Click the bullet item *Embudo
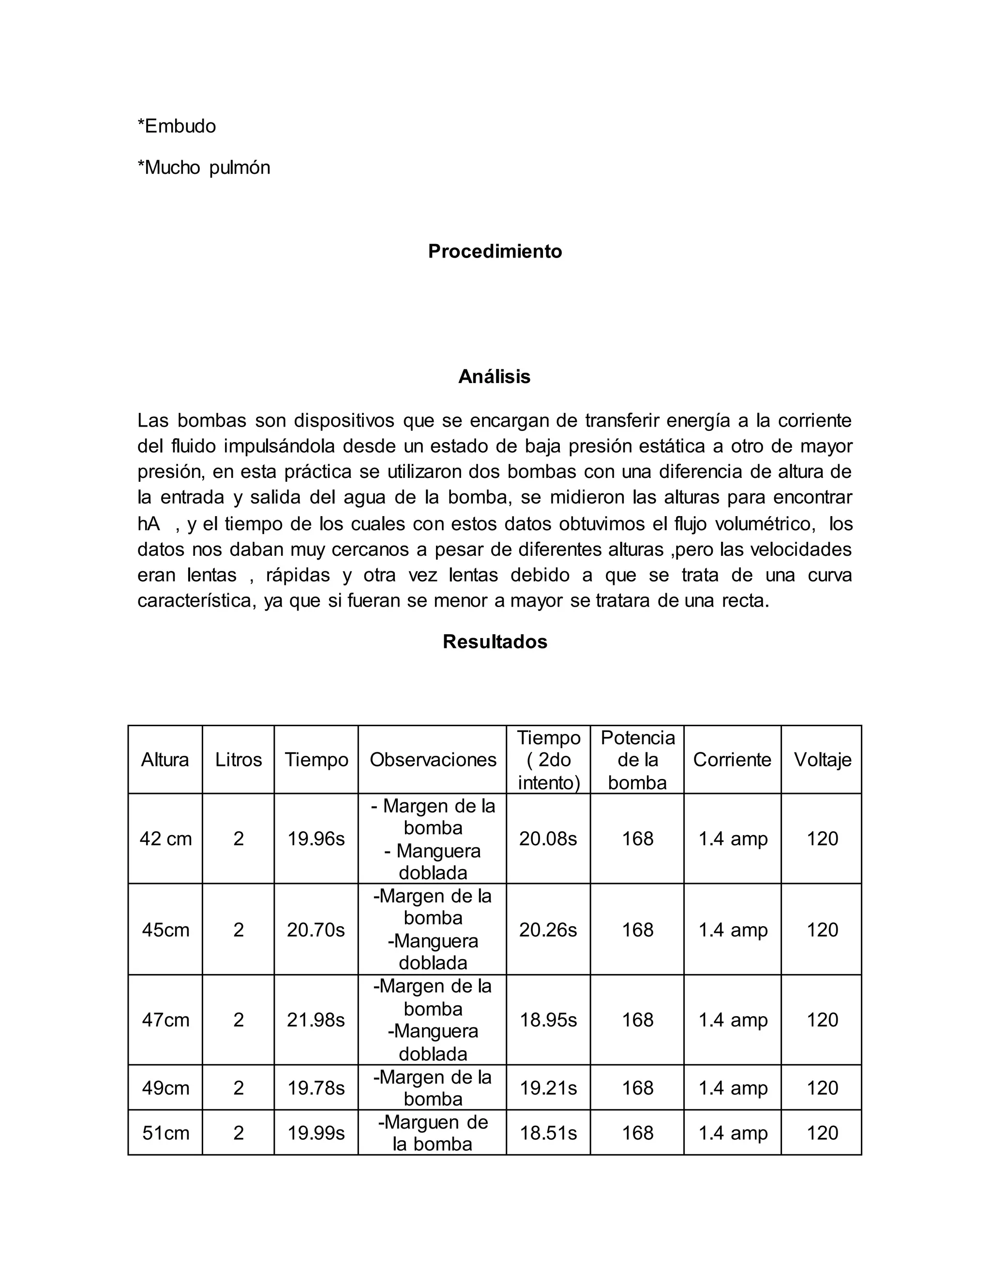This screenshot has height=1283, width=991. pyautogui.click(x=177, y=126)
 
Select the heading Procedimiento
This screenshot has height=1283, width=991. pyautogui.click(x=495, y=251)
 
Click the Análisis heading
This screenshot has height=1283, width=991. pyautogui.click(x=495, y=377)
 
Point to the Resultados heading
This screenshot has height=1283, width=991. pyautogui.click(x=495, y=641)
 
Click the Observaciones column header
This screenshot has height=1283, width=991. pyautogui.click(x=433, y=760)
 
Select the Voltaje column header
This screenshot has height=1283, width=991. pyautogui.click(x=822, y=760)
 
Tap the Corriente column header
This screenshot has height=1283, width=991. pyautogui.click(x=732, y=760)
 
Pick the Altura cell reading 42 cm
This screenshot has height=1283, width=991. pyautogui.click(x=165, y=839)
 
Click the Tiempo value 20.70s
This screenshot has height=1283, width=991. pyautogui.click(x=315, y=930)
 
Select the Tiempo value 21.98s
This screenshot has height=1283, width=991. pyautogui.click(x=315, y=1020)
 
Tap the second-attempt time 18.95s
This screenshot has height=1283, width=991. pyautogui.click(x=548, y=1020)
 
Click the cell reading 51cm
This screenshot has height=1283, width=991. pyautogui.click(x=165, y=1132)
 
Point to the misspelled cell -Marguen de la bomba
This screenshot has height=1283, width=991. pyautogui.click(x=433, y=1132)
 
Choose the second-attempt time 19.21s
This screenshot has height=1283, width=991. pyautogui.click(x=548, y=1088)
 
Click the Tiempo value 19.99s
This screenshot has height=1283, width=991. pyautogui.click(x=315, y=1132)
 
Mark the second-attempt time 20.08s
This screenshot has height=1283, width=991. pyautogui.click(x=548, y=839)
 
